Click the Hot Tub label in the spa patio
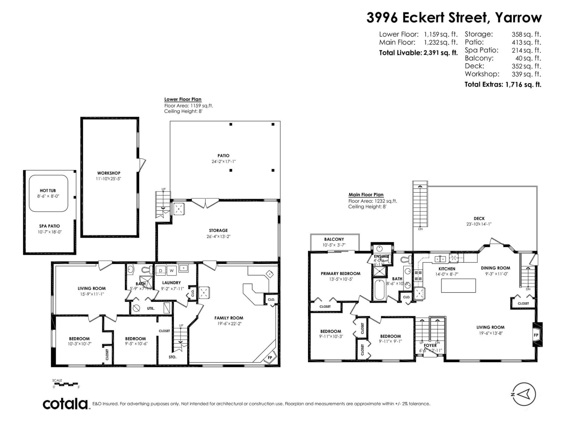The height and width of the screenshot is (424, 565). pos(48,190)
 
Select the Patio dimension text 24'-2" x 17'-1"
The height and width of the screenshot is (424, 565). pos(223,162)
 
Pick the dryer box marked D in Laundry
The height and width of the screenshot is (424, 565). pos(161,271)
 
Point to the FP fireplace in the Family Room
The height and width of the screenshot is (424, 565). pos(270,358)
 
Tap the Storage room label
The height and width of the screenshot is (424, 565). pos(218,230)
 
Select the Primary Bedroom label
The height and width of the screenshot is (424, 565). pos(340,274)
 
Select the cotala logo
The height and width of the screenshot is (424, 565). pos(65,404)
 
